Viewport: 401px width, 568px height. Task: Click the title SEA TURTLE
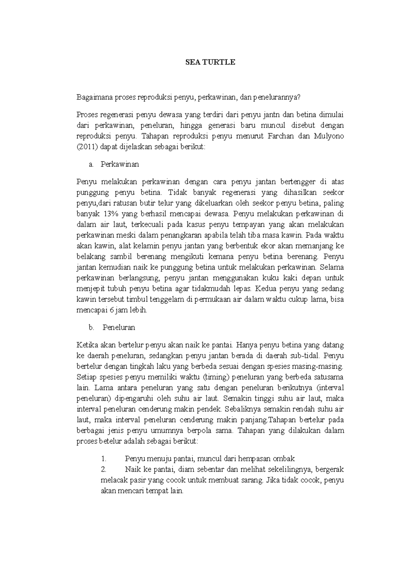[x=211, y=62]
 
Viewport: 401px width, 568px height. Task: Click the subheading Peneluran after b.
[x=119, y=327]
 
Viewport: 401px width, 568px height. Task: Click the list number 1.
[x=104, y=459]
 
